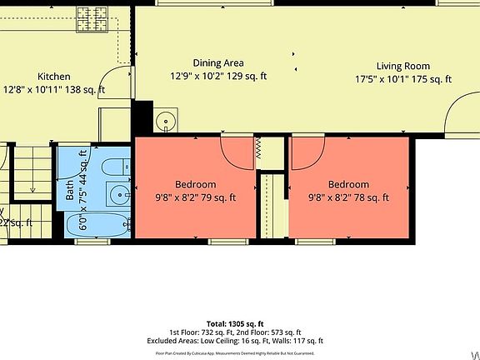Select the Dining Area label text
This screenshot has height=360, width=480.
point(218,62)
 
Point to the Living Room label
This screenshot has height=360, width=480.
point(402,66)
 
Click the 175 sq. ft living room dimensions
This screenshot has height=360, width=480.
point(402,80)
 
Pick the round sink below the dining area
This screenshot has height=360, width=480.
point(166,122)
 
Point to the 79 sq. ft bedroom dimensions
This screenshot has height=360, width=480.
point(195,197)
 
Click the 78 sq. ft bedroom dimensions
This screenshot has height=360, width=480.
point(348,197)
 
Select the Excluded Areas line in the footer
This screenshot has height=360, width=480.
point(239,340)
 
